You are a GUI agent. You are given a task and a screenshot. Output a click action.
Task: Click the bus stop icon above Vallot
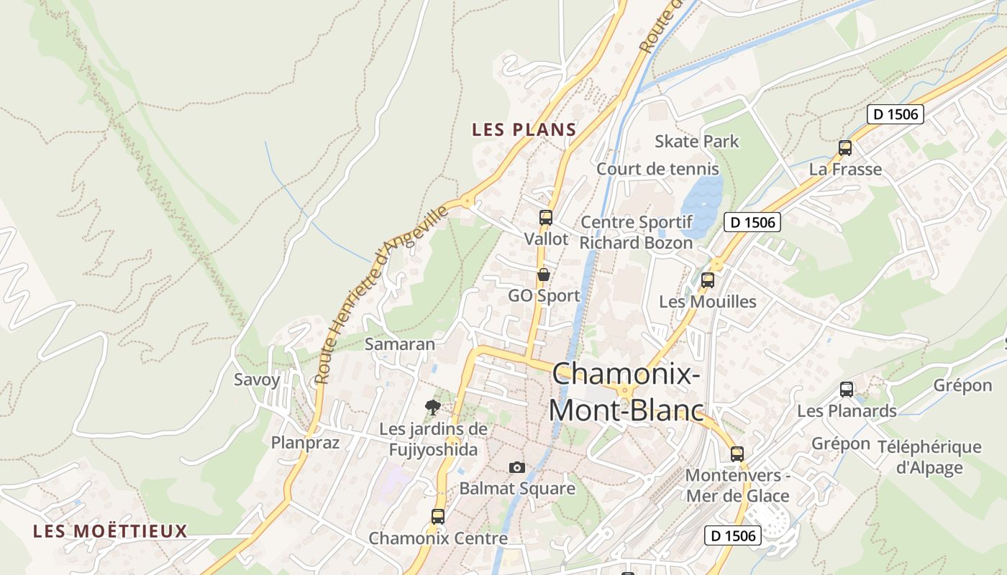[x=546, y=217]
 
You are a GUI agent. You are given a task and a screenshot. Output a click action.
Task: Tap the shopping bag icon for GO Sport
[x=544, y=275]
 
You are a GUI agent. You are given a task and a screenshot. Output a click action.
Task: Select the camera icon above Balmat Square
[x=516, y=467]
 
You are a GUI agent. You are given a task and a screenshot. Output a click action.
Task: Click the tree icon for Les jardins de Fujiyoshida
[x=432, y=408]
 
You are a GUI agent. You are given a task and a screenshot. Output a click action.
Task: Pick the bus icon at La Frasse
[x=845, y=148]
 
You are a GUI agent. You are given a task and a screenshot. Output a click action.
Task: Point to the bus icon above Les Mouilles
[x=708, y=280]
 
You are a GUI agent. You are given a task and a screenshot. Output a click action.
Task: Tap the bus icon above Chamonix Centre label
[x=437, y=516]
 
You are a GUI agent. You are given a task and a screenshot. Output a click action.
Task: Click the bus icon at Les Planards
[x=847, y=390]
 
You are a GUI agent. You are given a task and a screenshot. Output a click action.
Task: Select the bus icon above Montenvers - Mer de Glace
[x=737, y=454]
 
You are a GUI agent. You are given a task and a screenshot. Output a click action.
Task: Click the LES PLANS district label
[x=524, y=129]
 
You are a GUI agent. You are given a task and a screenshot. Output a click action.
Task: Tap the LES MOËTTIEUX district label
[x=110, y=531]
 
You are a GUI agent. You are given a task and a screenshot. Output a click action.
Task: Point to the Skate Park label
[x=696, y=141]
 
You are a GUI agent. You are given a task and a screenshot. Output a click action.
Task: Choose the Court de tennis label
[x=657, y=169]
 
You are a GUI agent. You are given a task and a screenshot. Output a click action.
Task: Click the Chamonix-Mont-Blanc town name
[x=626, y=392]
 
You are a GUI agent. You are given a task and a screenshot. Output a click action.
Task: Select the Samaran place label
[x=400, y=344]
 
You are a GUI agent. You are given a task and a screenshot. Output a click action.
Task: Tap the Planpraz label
[x=305, y=442]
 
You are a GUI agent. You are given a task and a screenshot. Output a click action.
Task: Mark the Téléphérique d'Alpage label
[x=929, y=457]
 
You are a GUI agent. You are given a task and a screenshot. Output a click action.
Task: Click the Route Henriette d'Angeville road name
[x=381, y=295]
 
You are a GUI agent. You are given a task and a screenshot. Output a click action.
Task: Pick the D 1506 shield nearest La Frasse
[x=895, y=114]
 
